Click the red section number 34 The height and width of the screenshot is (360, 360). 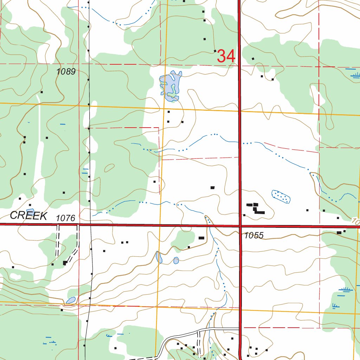226,56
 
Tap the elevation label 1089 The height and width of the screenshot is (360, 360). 66,72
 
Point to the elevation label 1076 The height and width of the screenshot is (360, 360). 66,218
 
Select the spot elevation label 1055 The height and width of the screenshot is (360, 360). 254,236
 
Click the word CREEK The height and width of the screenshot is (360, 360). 28,216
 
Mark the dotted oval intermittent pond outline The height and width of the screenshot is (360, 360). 281,197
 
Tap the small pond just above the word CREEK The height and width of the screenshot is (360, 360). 30,211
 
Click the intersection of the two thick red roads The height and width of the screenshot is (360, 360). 240,226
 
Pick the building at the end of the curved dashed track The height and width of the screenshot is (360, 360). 65,263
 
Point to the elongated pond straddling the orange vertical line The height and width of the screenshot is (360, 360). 159,257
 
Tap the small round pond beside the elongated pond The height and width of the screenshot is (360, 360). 176,260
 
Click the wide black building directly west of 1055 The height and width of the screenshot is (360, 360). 201,238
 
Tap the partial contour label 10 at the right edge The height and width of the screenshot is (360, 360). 355,221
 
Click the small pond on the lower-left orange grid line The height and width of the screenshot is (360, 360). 71,300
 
